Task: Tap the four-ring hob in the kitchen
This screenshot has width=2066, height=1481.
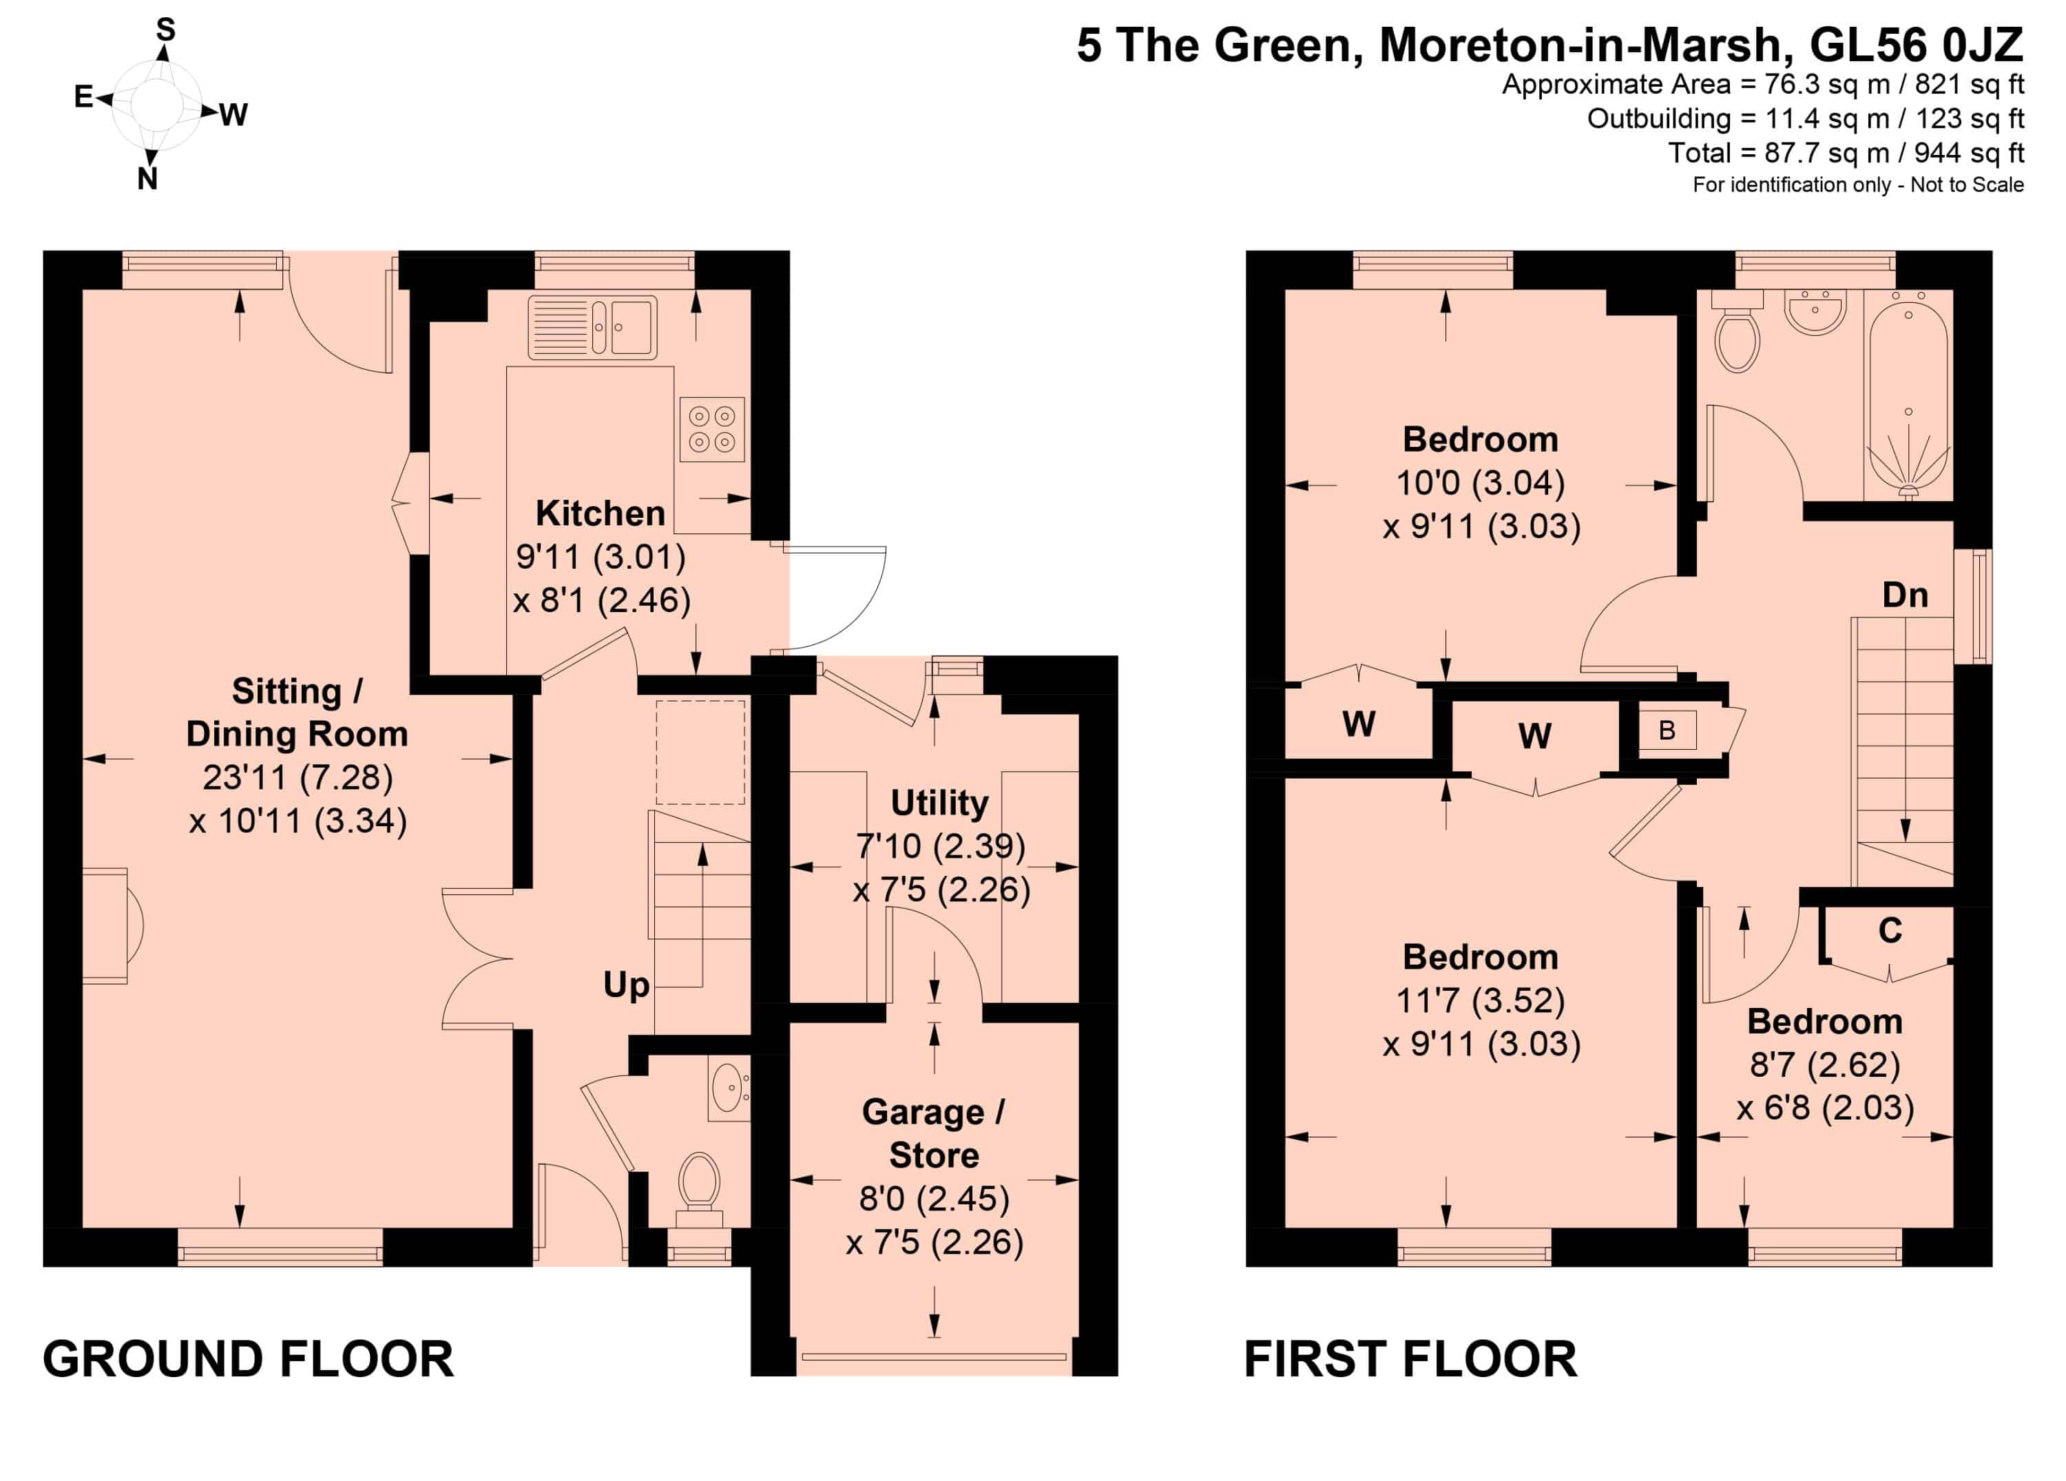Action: click(711, 429)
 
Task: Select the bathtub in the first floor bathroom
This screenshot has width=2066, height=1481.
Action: click(1908, 395)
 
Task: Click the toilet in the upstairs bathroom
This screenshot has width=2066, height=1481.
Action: click(1736, 332)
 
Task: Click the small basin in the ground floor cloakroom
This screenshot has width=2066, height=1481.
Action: click(729, 1088)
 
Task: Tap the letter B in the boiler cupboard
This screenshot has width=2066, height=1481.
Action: click(1667, 731)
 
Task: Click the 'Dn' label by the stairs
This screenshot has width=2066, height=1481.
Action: click(1906, 596)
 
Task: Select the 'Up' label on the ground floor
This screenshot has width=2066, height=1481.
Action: click(627, 985)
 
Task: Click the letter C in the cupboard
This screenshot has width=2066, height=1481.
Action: click(1890, 930)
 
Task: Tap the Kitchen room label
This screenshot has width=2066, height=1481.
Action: click(601, 513)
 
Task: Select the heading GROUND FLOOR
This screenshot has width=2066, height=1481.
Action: click(248, 1359)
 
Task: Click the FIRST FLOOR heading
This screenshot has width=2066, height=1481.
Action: click(1410, 1359)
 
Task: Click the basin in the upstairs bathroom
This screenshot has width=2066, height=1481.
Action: click(1815, 311)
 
